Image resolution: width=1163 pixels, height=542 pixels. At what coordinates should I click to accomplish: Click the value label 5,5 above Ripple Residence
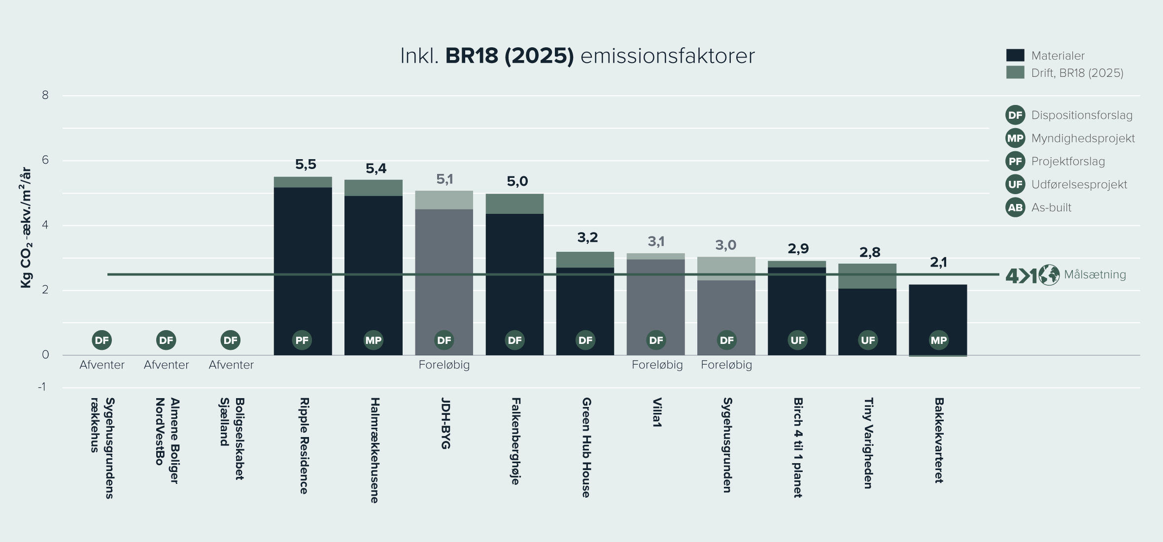(x=306, y=165)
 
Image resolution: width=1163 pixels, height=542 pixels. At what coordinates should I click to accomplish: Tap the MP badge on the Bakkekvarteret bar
(x=938, y=340)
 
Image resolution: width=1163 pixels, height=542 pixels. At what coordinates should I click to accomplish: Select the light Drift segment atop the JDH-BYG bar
(x=444, y=200)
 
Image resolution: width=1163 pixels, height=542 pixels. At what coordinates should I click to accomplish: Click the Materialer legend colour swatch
(x=1015, y=55)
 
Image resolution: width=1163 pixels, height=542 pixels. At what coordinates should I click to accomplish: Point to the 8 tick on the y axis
(x=45, y=95)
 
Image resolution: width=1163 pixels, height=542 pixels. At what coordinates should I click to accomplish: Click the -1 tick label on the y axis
(x=42, y=387)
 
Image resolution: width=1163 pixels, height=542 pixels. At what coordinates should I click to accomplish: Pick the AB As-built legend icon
(x=1015, y=207)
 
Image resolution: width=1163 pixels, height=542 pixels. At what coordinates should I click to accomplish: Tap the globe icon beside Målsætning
(x=1049, y=275)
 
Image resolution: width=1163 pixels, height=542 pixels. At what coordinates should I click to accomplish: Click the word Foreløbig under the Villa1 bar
(x=657, y=365)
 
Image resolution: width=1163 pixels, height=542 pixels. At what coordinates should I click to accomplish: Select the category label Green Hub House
(x=586, y=447)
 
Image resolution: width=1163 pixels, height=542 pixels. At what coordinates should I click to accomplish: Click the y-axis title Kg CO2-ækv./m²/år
(x=26, y=228)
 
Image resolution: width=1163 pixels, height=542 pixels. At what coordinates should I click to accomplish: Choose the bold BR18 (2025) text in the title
(x=510, y=56)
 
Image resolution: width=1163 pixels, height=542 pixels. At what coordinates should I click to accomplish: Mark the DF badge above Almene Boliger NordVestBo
(x=166, y=340)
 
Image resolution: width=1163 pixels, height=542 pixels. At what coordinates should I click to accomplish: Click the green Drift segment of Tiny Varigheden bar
(x=867, y=276)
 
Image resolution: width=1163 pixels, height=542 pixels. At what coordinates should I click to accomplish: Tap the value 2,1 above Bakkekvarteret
(x=938, y=263)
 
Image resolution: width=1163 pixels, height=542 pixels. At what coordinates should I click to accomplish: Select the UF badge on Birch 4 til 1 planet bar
(x=797, y=340)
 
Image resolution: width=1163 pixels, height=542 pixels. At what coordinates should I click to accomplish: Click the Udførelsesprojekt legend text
(x=1079, y=185)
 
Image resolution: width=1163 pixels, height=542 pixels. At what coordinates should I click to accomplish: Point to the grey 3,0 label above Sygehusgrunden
(x=726, y=245)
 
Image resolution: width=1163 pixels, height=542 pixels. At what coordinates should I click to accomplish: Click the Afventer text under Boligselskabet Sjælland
(x=231, y=365)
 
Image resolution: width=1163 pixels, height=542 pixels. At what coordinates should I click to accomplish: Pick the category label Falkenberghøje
(x=515, y=441)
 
